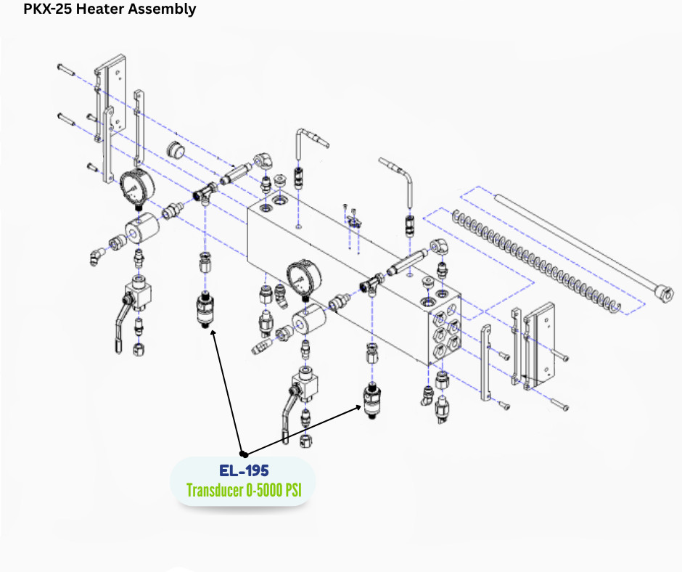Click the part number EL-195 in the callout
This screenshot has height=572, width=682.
[244, 470]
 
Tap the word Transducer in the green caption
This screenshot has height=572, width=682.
[215, 490]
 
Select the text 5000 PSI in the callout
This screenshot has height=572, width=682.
[278, 490]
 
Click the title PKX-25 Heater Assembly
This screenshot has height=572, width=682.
[110, 9]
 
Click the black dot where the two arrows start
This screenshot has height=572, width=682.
[245, 454]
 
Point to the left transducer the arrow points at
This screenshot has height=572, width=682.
[205, 311]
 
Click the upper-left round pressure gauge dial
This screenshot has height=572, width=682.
[136, 187]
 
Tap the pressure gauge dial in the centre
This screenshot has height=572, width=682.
[303, 279]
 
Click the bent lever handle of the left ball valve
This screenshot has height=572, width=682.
[121, 322]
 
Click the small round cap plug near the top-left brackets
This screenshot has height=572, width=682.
[176, 150]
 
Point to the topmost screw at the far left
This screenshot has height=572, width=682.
[66, 69]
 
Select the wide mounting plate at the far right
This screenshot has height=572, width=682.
[539, 346]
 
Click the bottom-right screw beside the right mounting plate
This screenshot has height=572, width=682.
[560, 405]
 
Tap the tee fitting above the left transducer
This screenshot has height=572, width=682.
[205, 192]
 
